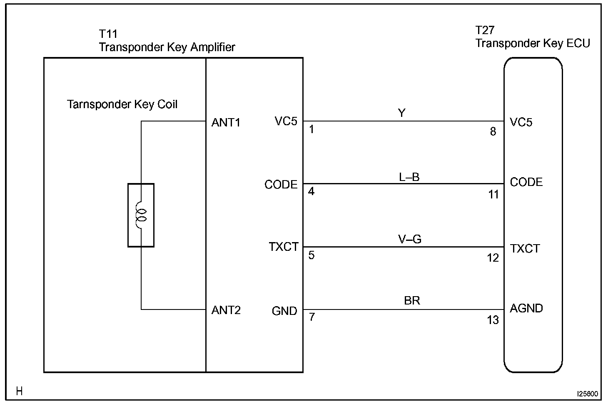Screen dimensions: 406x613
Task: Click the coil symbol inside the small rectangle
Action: point(142,215)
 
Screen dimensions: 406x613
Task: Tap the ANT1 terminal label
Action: point(226,123)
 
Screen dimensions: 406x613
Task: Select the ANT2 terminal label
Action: point(226,310)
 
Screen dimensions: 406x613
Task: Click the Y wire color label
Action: point(402,113)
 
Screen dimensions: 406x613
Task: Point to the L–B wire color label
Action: point(409,177)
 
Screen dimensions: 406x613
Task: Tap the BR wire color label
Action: point(412,300)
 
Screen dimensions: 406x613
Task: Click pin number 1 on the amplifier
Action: point(311,130)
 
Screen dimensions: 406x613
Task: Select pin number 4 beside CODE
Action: point(311,192)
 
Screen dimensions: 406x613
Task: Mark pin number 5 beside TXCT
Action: point(311,255)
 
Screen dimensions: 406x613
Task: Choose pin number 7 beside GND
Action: point(311,317)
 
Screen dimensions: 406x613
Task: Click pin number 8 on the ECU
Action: point(493,132)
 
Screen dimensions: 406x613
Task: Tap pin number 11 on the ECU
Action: point(493,194)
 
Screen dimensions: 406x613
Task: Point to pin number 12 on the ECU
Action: point(493,258)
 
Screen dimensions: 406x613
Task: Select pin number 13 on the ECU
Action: point(493,320)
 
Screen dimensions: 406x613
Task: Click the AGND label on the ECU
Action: point(526,308)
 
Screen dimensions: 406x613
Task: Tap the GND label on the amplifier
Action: point(284,311)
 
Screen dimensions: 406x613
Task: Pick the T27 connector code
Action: point(485,30)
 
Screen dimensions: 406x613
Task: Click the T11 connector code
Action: point(108,34)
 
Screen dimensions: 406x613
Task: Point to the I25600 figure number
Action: point(587,393)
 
